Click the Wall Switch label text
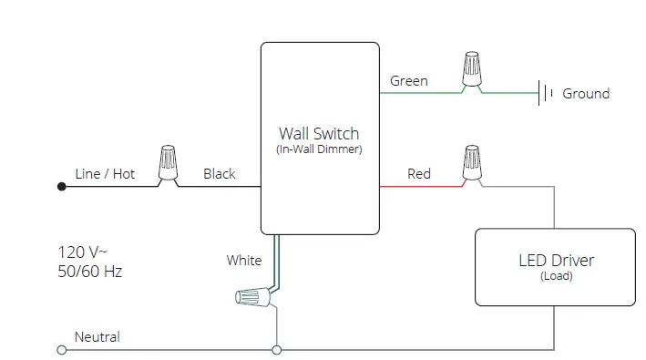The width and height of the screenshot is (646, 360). [x=319, y=133]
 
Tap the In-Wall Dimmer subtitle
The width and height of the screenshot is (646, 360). [x=319, y=149]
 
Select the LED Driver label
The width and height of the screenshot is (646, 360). [x=556, y=260]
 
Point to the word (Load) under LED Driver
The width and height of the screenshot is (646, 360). [x=556, y=275]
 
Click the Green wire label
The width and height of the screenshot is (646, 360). [x=408, y=81]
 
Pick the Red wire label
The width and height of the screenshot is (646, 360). [x=418, y=173]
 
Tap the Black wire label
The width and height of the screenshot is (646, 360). [x=219, y=173]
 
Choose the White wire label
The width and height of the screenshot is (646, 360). [x=243, y=261]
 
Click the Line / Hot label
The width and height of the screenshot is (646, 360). [x=105, y=173]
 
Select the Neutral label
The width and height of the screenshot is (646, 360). [x=97, y=336]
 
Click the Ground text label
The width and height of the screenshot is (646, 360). [x=586, y=93]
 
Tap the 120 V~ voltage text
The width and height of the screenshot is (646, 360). [x=83, y=252]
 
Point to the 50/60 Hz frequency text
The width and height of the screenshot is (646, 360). [x=89, y=271]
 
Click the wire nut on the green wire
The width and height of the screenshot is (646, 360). [x=471, y=70]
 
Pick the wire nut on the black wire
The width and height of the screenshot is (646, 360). [x=168, y=164]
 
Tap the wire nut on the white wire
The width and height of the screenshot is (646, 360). [x=254, y=295]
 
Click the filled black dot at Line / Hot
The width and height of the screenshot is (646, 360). [x=61, y=186]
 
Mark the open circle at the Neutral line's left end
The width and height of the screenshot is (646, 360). [x=61, y=349]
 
